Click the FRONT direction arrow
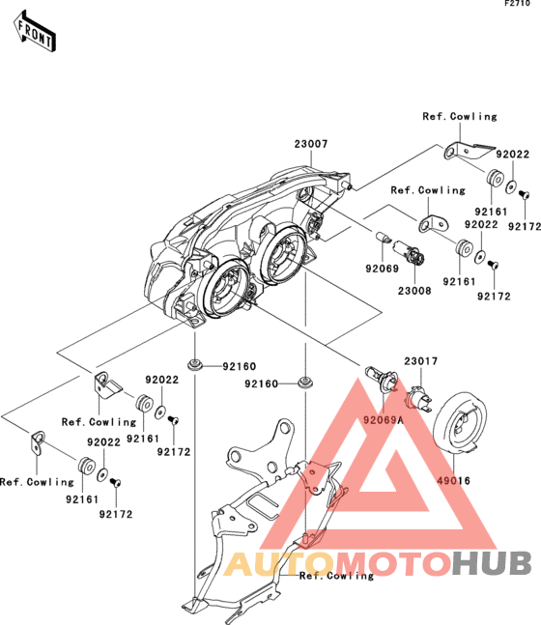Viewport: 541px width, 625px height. [35, 32]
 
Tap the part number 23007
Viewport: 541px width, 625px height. [311, 144]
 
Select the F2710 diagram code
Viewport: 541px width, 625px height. [517, 3]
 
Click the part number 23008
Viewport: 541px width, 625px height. [414, 291]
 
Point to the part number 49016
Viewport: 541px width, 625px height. [453, 481]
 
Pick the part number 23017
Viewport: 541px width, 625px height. [420, 361]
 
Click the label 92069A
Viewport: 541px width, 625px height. [384, 419]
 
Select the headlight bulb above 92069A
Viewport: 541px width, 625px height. [382, 378]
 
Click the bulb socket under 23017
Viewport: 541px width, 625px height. [418, 399]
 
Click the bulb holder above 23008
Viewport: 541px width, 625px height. [410, 253]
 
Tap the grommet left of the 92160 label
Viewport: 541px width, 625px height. [195, 364]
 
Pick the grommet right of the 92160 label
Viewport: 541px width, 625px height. [305, 383]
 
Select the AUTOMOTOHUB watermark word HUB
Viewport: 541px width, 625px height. [493, 563]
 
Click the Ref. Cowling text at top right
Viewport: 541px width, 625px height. [460, 116]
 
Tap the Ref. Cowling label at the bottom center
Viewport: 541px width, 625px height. [336, 576]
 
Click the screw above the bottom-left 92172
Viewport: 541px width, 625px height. [116, 483]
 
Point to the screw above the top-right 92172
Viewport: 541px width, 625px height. [524, 194]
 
